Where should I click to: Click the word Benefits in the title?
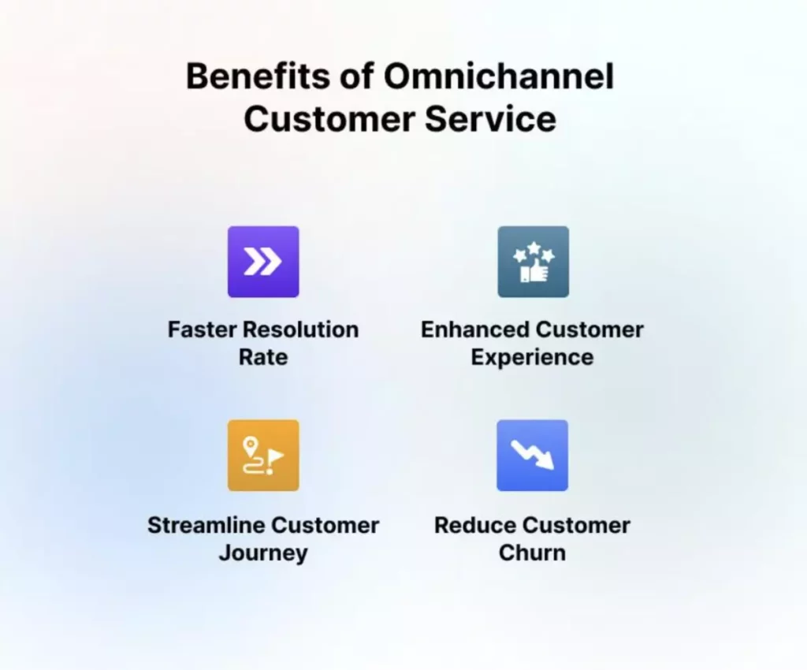258,76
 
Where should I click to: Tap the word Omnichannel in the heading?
499,76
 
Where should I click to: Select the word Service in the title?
490,119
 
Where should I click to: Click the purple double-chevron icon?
263,262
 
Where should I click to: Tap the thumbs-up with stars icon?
534,262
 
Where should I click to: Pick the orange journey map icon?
263,456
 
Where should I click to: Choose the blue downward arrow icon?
533,456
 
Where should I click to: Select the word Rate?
263,357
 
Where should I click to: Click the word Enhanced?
475,329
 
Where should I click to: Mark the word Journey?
263,553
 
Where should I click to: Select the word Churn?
532,553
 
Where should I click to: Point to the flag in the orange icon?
276,456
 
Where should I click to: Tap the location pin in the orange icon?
250,446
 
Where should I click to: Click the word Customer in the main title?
329,119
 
